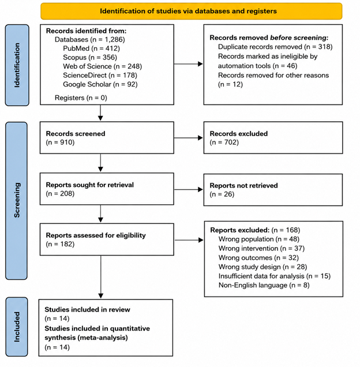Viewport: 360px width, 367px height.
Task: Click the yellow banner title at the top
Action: pos(188,11)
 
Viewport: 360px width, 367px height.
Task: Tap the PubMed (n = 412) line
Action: pos(91,48)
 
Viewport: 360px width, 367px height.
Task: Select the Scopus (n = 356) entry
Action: pos(90,57)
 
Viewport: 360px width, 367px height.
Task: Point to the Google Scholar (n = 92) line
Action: pos(100,84)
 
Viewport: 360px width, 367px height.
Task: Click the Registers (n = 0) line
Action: pos(81,98)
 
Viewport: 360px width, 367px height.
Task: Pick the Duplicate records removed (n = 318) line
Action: pos(275,47)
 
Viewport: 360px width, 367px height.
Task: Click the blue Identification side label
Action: pos(17,65)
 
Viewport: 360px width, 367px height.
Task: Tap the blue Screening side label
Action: pos(16,201)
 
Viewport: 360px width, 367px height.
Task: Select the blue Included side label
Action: pos(17,327)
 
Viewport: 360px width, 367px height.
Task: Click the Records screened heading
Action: pos(76,134)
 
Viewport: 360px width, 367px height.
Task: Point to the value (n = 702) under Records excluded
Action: pos(224,143)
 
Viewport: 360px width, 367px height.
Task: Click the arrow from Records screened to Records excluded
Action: pos(189,138)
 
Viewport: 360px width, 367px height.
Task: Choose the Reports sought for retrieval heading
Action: pos(89,185)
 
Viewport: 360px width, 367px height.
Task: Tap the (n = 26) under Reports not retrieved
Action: pos(222,194)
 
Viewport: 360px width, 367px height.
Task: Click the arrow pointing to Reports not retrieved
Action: pos(189,190)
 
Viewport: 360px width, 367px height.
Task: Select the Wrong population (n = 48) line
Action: pos(259,239)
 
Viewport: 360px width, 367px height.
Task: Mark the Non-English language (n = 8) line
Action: pos(264,285)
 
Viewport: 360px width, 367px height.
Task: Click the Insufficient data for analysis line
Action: pos(275,276)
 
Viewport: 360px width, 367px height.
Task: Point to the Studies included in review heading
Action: pos(87,310)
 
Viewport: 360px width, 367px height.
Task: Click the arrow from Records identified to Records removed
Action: pos(189,64)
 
